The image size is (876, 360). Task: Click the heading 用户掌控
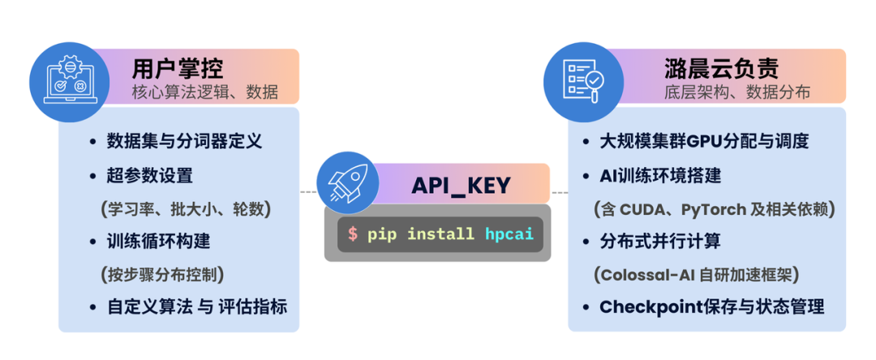(x=178, y=67)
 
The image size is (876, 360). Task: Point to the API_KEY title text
(x=461, y=185)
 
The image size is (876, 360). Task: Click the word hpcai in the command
(x=509, y=234)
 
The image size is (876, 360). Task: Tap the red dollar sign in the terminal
(x=352, y=234)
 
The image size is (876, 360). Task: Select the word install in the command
(x=440, y=234)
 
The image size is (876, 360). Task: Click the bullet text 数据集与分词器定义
(x=184, y=141)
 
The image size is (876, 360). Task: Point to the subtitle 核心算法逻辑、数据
(x=205, y=92)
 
